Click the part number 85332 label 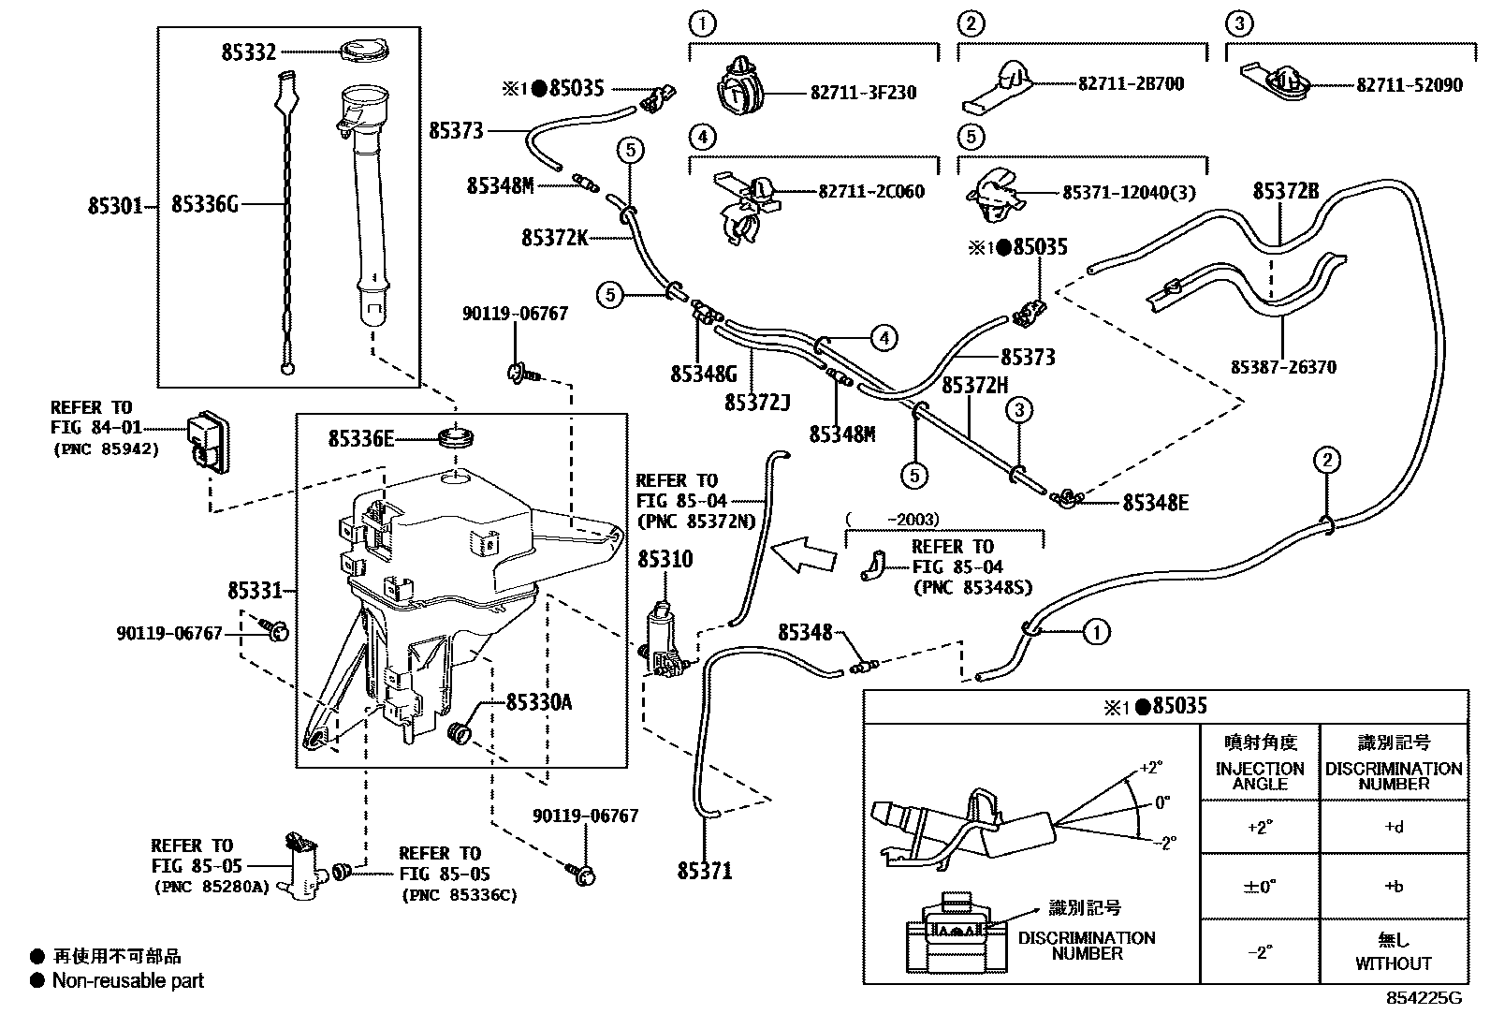click(248, 52)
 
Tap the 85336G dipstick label click(205, 204)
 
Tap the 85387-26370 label click(1283, 368)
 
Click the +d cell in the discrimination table click(1393, 827)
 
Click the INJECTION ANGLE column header click(1259, 775)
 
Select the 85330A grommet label click(538, 702)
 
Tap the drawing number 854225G click(1424, 998)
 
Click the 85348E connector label click(1155, 503)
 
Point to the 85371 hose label click(705, 872)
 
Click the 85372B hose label click(1285, 192)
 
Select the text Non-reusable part click(127, 980)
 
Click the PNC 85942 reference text click(105, 448)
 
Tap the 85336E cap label click(361, 438)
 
